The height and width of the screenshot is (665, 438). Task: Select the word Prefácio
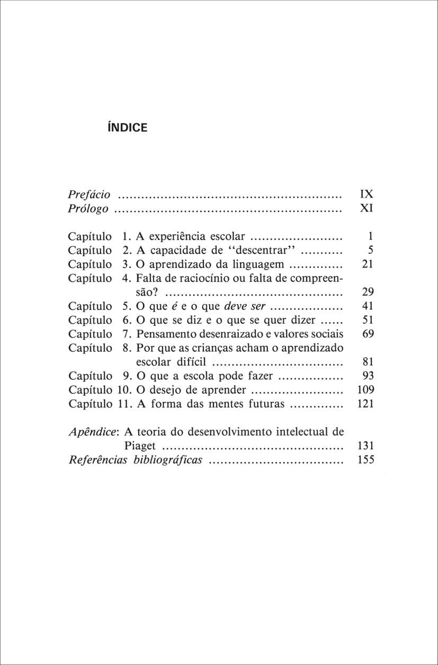coord(90,194)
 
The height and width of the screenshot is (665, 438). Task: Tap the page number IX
coord(367,194)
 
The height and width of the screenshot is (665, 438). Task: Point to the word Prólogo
coord(88,209)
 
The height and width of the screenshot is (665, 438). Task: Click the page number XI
coord(367,209)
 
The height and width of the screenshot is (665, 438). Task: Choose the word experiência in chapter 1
coord(178,236)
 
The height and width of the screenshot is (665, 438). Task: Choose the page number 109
coord(366,390)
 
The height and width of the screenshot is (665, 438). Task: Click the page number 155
coord(366,460)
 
